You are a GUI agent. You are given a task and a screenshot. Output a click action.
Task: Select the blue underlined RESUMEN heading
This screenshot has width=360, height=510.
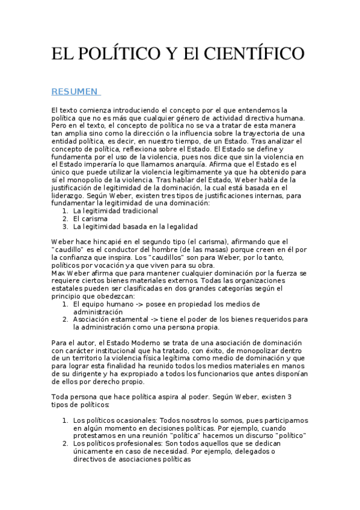(x=75, y=91)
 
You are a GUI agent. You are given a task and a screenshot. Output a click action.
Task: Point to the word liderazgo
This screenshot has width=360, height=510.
(x=69, y=195)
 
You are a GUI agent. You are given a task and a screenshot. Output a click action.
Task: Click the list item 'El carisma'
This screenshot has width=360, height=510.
(x=90, y=219)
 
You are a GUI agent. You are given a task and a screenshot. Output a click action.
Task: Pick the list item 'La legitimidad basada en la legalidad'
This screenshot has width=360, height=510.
(x=135, y=227)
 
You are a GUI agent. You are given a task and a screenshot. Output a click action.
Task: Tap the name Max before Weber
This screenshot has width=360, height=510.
(x=59, y=273)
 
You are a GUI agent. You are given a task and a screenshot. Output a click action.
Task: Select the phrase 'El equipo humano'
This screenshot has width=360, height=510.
(x=102, y=304)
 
